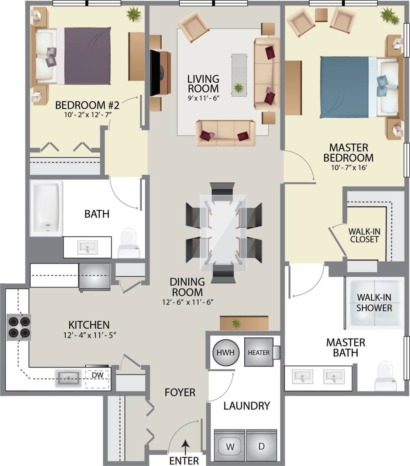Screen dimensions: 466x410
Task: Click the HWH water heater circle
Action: tap(226, 352)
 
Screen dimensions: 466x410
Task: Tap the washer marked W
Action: tap(230, 447)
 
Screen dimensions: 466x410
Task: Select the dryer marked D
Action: tap(261, 446)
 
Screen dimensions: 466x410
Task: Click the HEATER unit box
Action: tap(259, 352)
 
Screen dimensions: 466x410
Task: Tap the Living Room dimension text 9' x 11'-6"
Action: tap(203, 99)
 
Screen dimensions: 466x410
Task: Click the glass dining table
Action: tap(223, 232)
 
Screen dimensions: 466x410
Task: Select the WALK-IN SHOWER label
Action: tap(374, 303)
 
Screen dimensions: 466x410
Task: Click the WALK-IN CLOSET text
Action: tap(364, 235)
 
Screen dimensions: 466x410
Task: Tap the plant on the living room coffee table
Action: tap(239, 88)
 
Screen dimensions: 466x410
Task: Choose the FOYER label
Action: tap(180, 392)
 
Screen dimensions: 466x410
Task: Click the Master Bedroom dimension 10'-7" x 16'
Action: tap(348, 167)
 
